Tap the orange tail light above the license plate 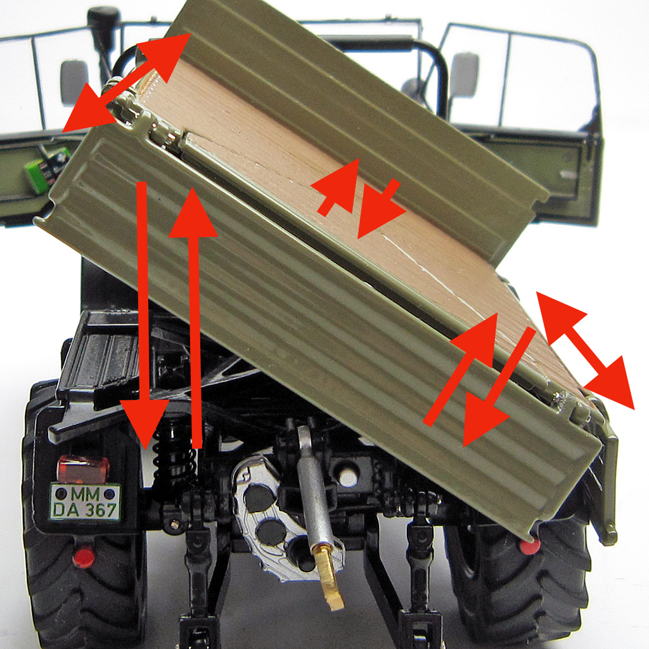point(83,468)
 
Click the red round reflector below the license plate point(82,557)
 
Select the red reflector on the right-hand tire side point(530,545)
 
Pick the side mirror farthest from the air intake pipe point(465,75)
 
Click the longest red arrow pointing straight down point(144,317)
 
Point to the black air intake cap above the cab point(103,22)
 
